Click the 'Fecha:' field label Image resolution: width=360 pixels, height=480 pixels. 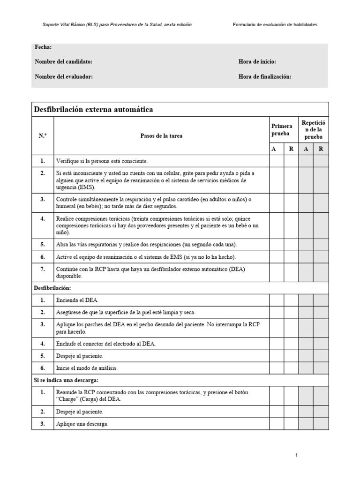(43, 47)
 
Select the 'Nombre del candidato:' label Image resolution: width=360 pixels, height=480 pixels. (63, 62)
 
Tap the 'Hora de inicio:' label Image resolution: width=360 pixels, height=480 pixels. (257, 62)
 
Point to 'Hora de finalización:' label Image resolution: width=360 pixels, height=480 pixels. (265, 77)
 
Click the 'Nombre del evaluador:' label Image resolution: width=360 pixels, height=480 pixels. (63, 77)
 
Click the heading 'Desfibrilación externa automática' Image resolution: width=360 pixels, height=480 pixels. (93, 110)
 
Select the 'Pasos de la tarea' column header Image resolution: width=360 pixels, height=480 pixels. (161, 135)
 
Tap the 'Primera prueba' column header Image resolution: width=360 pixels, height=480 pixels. (282, 130)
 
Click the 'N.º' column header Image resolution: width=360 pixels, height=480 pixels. (43, 135)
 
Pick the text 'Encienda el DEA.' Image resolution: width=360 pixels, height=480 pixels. (78, 300)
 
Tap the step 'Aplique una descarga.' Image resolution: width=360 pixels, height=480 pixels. (82, 424)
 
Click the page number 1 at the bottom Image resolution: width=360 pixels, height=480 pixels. (297, 455)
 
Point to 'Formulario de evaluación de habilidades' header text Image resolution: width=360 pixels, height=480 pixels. (275, 24)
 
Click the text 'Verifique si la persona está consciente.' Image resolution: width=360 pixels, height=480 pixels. (102, 161)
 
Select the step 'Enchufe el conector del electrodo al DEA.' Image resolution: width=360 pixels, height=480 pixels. (106, 344)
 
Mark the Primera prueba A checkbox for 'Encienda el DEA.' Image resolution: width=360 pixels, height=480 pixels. (276, 300)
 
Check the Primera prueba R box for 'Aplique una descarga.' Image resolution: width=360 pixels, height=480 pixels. (291, 424)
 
